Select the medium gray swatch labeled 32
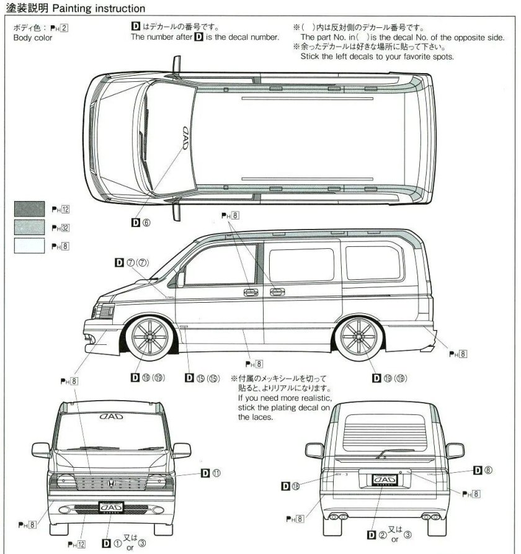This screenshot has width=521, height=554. (29, 228)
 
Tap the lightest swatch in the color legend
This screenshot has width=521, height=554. (29, 246)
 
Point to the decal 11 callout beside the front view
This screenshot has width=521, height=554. (211, 472)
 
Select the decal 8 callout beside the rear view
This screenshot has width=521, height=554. (483, 470)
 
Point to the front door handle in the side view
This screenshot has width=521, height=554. (251, 292)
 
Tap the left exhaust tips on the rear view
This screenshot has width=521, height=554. (338, 516)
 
